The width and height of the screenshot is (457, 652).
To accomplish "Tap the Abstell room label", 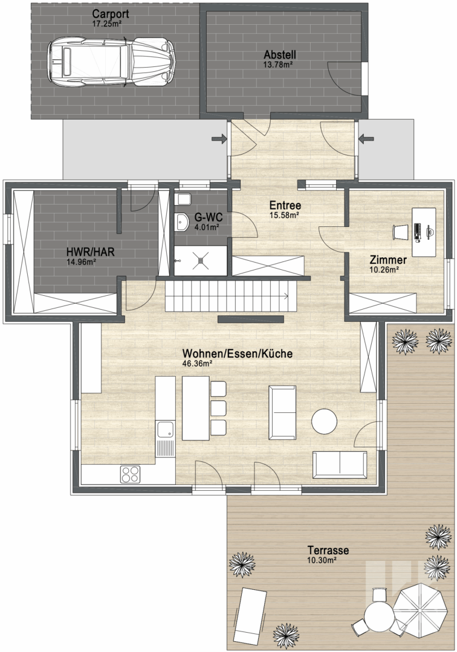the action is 280,54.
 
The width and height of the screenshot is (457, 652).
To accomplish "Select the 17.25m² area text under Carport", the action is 106,24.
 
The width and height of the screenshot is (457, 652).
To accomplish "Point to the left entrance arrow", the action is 219,139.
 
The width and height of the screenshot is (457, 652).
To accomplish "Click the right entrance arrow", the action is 366,138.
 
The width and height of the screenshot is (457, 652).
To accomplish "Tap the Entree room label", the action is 285,205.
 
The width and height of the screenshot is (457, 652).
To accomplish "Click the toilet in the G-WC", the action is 183,200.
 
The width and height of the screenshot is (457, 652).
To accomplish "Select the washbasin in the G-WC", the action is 181,221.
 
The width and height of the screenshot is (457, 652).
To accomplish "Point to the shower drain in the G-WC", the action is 201,260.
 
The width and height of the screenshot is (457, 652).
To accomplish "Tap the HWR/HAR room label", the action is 90,252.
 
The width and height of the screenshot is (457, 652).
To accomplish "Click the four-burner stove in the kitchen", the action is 131,474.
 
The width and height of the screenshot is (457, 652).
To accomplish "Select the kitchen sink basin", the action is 165,430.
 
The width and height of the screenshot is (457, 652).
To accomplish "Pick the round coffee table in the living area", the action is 324,421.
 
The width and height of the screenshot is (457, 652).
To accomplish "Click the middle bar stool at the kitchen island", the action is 218,408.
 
